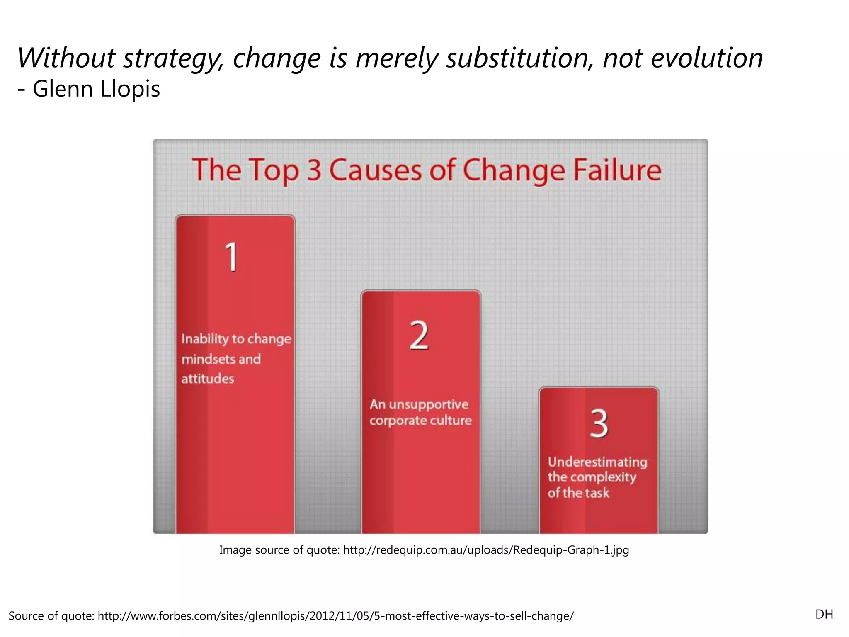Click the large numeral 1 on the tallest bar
[232, 257]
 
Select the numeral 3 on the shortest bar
[599, 423]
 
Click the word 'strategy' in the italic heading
[170, 58]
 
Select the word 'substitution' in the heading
[520, 58]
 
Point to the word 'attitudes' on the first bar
[208, 379]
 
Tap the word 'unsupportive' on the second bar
[429, 404]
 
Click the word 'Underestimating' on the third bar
[597, 462]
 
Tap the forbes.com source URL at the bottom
[335, 616]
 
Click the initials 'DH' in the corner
[824, 614]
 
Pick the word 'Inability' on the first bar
[204, 339]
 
